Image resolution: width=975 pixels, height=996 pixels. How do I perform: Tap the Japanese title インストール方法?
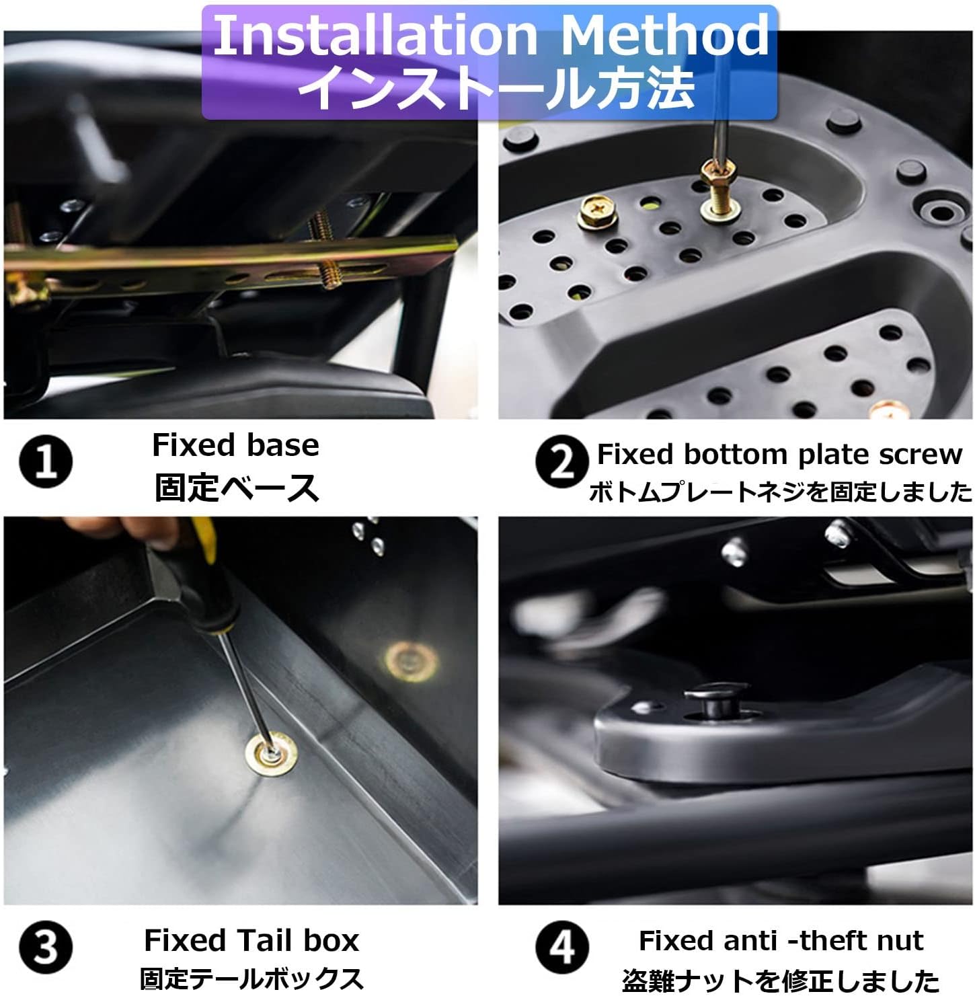496,87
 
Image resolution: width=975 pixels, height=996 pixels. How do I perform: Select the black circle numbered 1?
46,462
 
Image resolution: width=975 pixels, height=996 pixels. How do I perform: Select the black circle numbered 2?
562,462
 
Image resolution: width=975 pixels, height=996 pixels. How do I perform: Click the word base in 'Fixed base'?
282,445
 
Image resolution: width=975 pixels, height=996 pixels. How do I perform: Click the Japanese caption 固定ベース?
236,488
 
